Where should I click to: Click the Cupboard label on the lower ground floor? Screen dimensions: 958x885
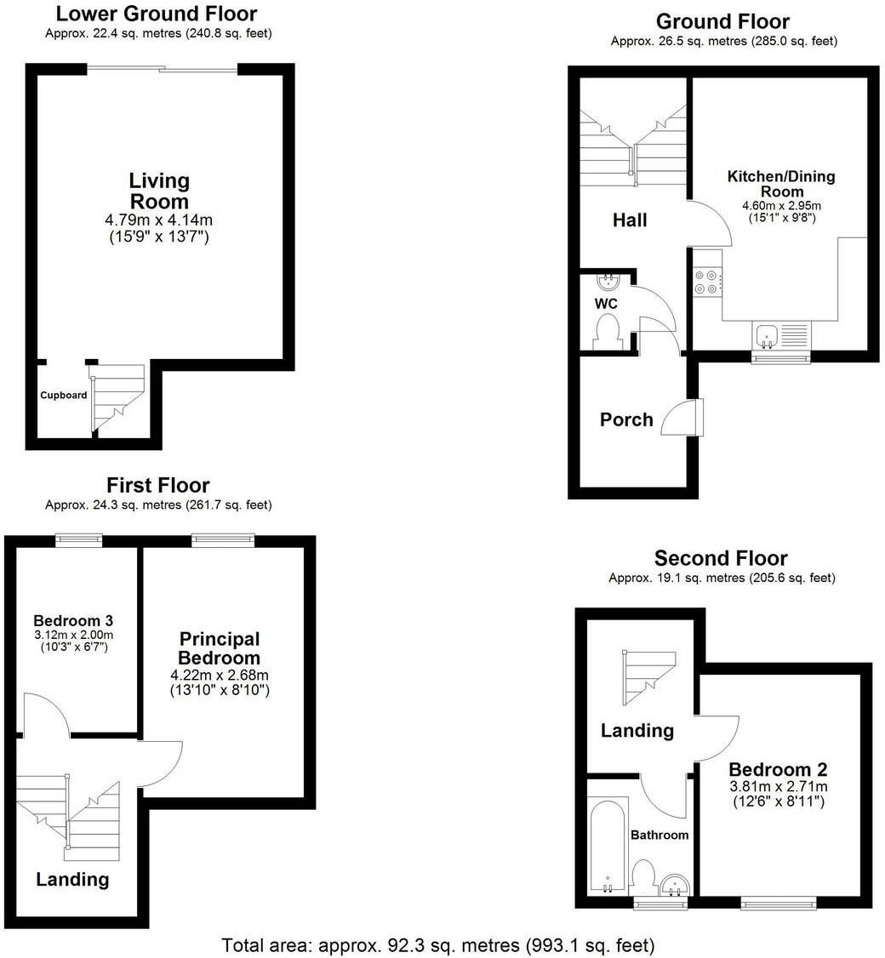point(64,396)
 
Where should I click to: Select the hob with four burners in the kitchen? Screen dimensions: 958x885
point(707,282)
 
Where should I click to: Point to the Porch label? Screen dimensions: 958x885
point(626,419)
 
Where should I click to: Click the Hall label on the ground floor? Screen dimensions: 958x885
point(630,220)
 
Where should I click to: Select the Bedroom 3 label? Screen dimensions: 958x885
point(73,620)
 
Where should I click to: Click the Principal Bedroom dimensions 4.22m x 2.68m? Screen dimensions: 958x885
point(220,675)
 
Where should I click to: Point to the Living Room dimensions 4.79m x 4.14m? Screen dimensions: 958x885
point(158,220)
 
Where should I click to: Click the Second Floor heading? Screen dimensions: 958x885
point(721,558)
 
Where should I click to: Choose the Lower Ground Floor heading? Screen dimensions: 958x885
point(157,14)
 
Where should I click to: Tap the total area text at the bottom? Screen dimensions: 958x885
point(437,944)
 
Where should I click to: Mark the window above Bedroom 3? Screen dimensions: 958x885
point(79,539)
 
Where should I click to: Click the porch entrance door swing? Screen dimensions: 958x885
point(681,419)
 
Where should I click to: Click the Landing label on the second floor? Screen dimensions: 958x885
point(637,730)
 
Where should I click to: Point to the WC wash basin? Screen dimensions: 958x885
point(609,282)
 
